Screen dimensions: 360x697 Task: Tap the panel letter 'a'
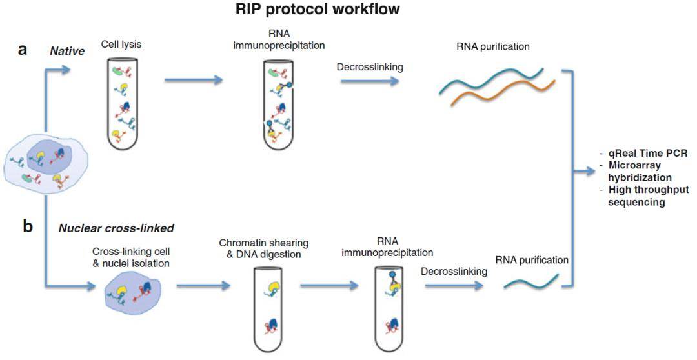(x=22, y=50)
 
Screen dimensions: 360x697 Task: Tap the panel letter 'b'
(x=27, y=228)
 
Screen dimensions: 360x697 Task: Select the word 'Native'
(x=68, y=50)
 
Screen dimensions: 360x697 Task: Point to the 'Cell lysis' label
(x=121, y=45)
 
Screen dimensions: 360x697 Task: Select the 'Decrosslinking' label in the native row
(x=367, y=66)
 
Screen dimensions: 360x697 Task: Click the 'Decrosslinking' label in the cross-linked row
(x=454, y=271)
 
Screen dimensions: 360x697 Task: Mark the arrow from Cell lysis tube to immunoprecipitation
(x=193, y=81)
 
